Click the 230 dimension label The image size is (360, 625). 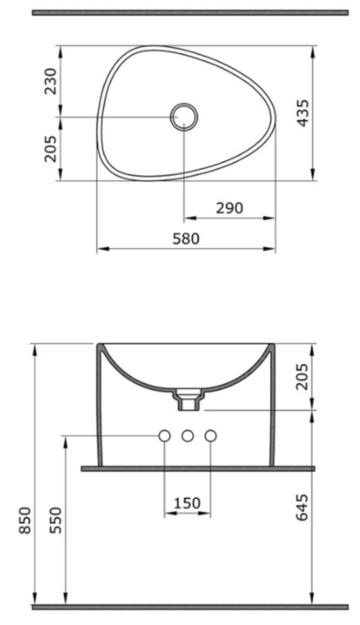tap(51, 82)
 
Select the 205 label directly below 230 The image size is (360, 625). tap(51, 149)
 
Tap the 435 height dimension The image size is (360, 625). tap(303, 113)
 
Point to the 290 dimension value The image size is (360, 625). tap(229, 208)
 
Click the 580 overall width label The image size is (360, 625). tap(186, 238)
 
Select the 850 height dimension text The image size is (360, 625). tap(25, 520)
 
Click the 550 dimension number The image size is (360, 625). tap(55, 520)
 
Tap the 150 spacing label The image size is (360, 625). tap(187, 503)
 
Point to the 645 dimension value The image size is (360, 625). tap(303, 507)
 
